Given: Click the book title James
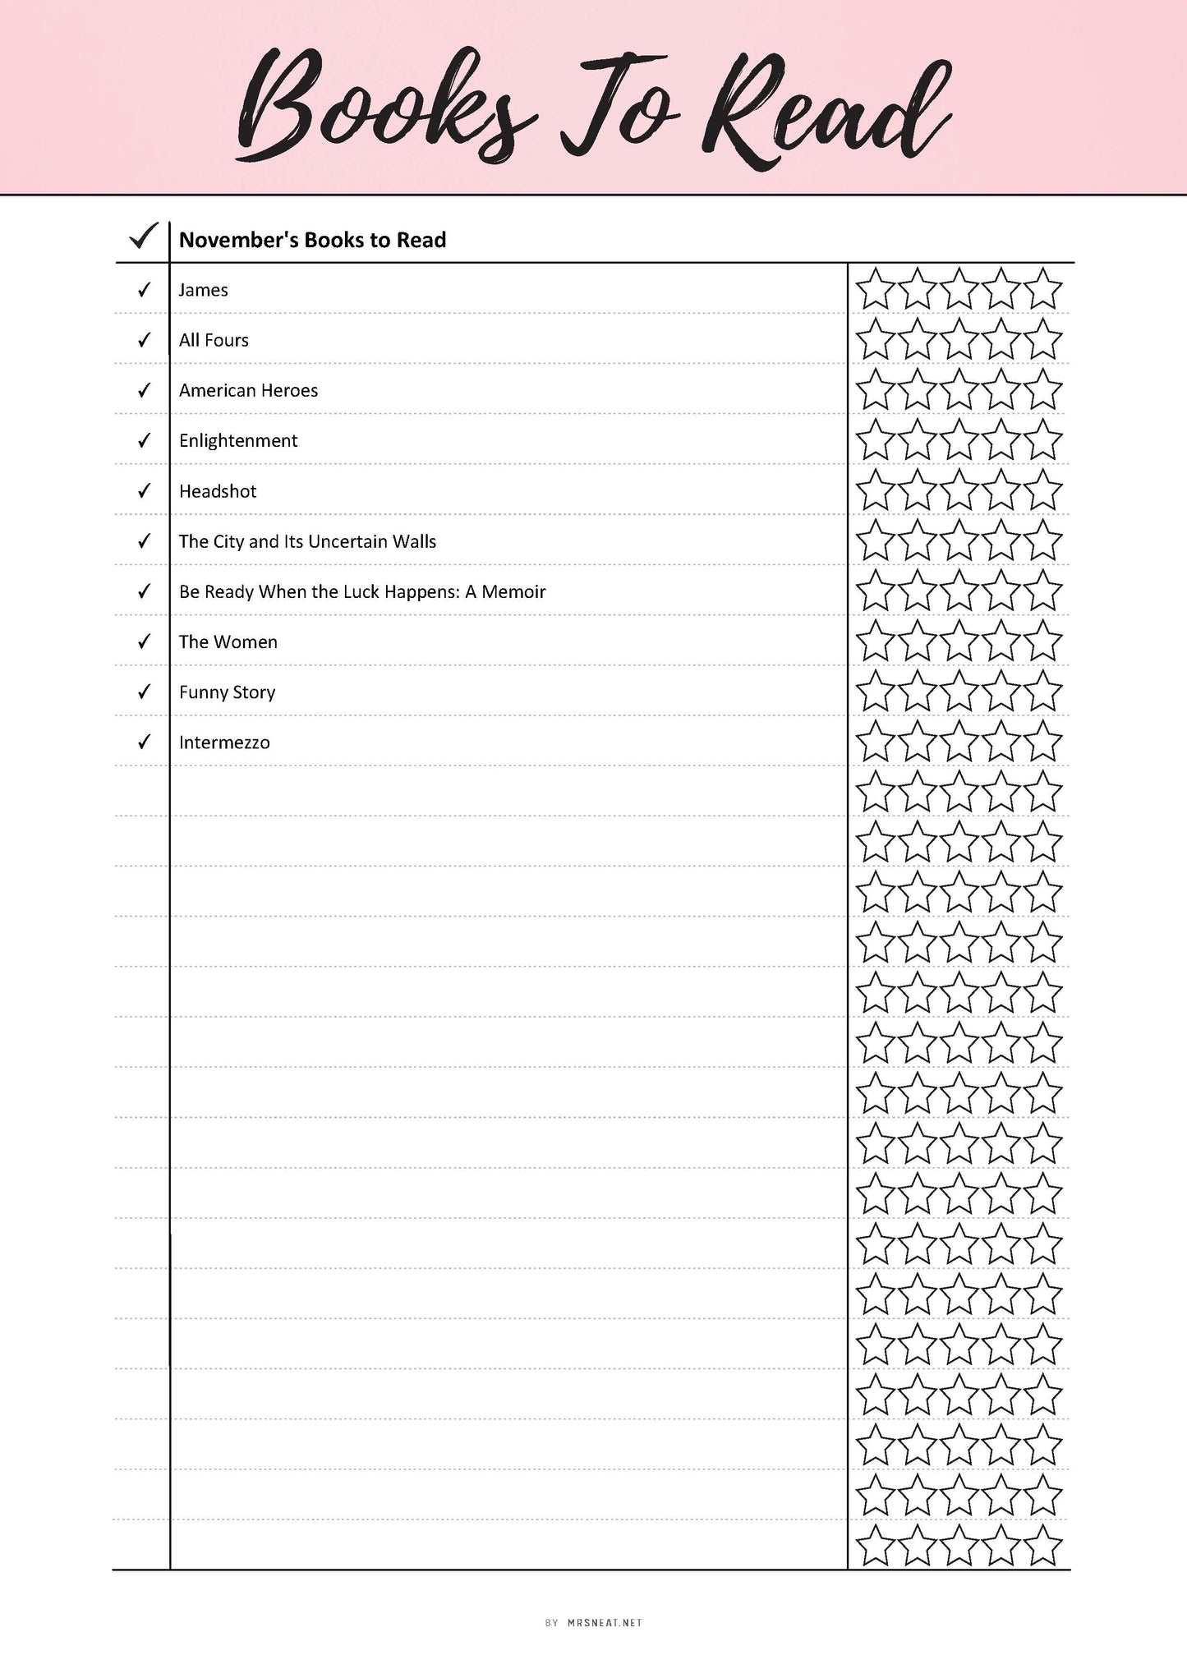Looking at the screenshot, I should (x=203, y=290).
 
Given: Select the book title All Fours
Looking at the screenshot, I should (x=214, y=340).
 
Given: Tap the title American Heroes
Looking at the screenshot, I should (x=248, y=390).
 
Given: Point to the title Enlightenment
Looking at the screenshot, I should (x=238, y=441).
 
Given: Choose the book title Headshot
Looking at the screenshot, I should (x=218, y=491).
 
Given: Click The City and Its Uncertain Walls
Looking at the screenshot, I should (x=307, y=541).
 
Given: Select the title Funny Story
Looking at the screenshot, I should (x=227, y=692).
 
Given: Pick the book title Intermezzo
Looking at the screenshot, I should (x=224, y=742).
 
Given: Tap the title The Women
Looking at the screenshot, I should (x=228, y=642).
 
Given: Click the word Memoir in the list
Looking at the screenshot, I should (x=513, y=592).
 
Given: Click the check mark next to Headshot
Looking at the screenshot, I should (x=145, y=491).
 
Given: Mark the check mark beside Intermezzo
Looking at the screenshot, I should (x=145, y=742).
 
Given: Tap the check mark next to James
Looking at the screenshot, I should (x=145, y=290).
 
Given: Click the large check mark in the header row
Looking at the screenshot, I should (x=144, y=238).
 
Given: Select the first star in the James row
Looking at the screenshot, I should (x=875, y=290).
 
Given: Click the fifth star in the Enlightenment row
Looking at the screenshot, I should (x=1043, y=441).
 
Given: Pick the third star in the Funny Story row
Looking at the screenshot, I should (x=959, y=692).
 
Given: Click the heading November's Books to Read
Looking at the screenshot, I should (x=312, y=240).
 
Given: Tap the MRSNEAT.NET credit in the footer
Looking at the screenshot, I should (x=605, y=1623).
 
